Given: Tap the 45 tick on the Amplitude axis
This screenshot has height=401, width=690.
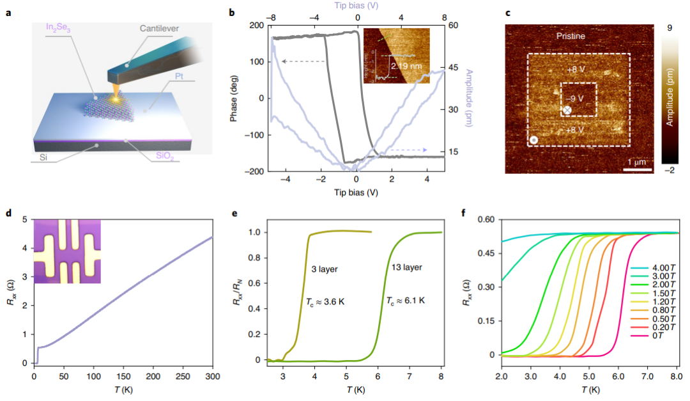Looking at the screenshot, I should click(453, 67).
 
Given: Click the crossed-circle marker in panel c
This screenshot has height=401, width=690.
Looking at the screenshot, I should click(567, 111).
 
